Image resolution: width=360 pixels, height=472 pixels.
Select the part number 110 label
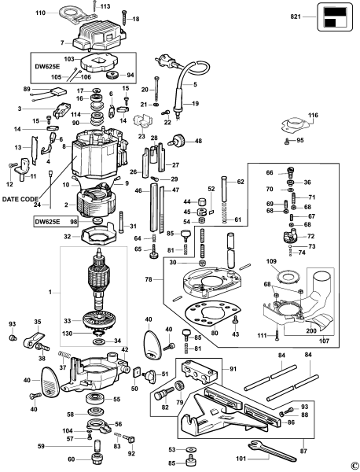pyautogui.click(x=41, y=13)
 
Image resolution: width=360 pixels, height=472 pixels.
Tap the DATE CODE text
pyautogui.click(x=19, y=200)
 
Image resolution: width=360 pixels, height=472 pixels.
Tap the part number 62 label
pyautogui.click(x=241, y=182)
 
